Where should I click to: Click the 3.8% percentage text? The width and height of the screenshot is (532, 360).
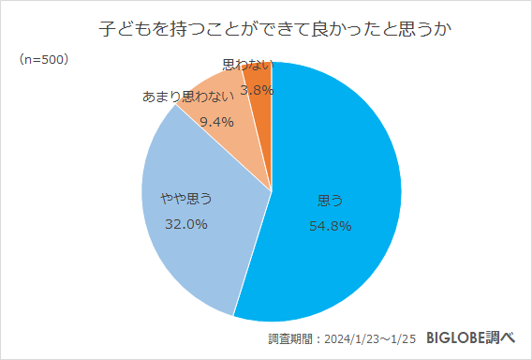256,90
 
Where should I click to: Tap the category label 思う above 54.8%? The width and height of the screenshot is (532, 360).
330,200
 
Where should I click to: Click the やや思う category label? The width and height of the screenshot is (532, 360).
185,198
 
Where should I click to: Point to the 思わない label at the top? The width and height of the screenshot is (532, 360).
247,66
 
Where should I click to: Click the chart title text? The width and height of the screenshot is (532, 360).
266,28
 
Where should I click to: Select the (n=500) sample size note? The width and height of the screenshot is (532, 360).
43,60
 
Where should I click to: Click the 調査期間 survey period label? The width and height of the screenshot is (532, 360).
288,338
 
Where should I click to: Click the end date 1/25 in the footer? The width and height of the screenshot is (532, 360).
402,338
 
